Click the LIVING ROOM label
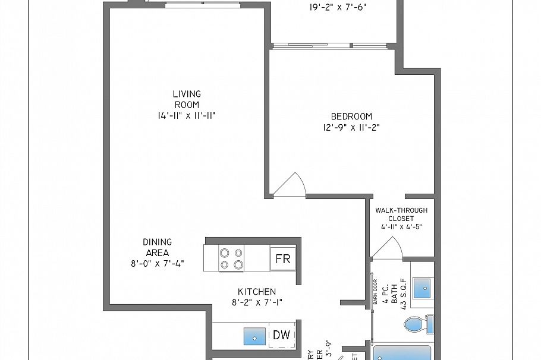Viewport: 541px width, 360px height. (187, 99)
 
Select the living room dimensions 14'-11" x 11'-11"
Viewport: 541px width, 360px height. (187, 116)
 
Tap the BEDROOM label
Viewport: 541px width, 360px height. (351, 116)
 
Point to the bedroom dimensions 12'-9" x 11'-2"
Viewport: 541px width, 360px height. (351, 127)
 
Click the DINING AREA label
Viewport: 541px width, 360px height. (157, 247)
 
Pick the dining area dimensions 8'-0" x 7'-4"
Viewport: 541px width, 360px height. (157, 263)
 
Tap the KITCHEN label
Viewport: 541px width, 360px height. (257, 292)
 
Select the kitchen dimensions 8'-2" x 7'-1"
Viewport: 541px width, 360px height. (257, 302)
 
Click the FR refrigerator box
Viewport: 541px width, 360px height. (283, 259)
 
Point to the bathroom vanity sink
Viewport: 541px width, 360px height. (422, 287)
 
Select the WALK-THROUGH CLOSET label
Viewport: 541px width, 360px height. (401, 214)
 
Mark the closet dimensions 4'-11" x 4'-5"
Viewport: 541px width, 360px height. (401, 226)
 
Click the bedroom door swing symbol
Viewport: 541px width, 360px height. (291, 185)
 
